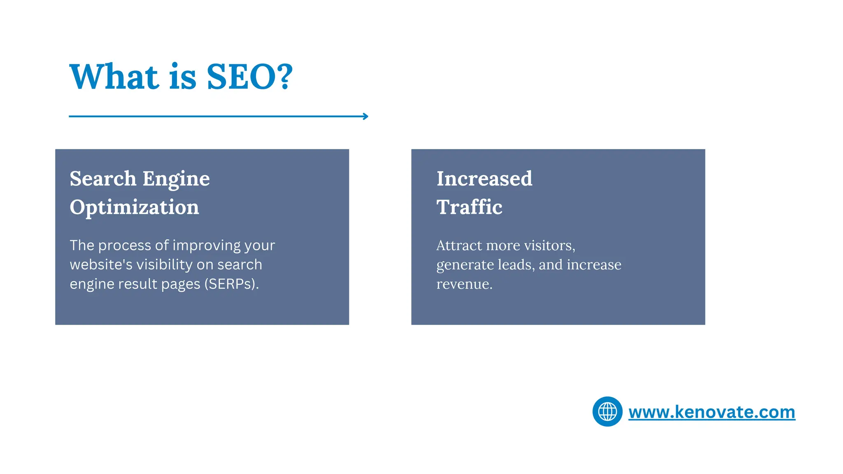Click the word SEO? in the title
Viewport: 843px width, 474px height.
(249, 77)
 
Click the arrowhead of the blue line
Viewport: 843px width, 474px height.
(366, 116)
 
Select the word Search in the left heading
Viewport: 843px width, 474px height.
(103, 179)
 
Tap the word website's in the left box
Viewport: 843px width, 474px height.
(101, 265)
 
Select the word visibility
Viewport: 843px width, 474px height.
(164, 265)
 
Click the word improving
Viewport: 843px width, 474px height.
(207, 246)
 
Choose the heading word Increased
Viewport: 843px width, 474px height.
(484, 179)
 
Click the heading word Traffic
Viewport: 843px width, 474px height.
(469, 207)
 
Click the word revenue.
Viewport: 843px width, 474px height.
(464, 284)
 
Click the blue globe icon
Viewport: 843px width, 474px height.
(607, 411)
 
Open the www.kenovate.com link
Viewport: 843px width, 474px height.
(712, 412)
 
